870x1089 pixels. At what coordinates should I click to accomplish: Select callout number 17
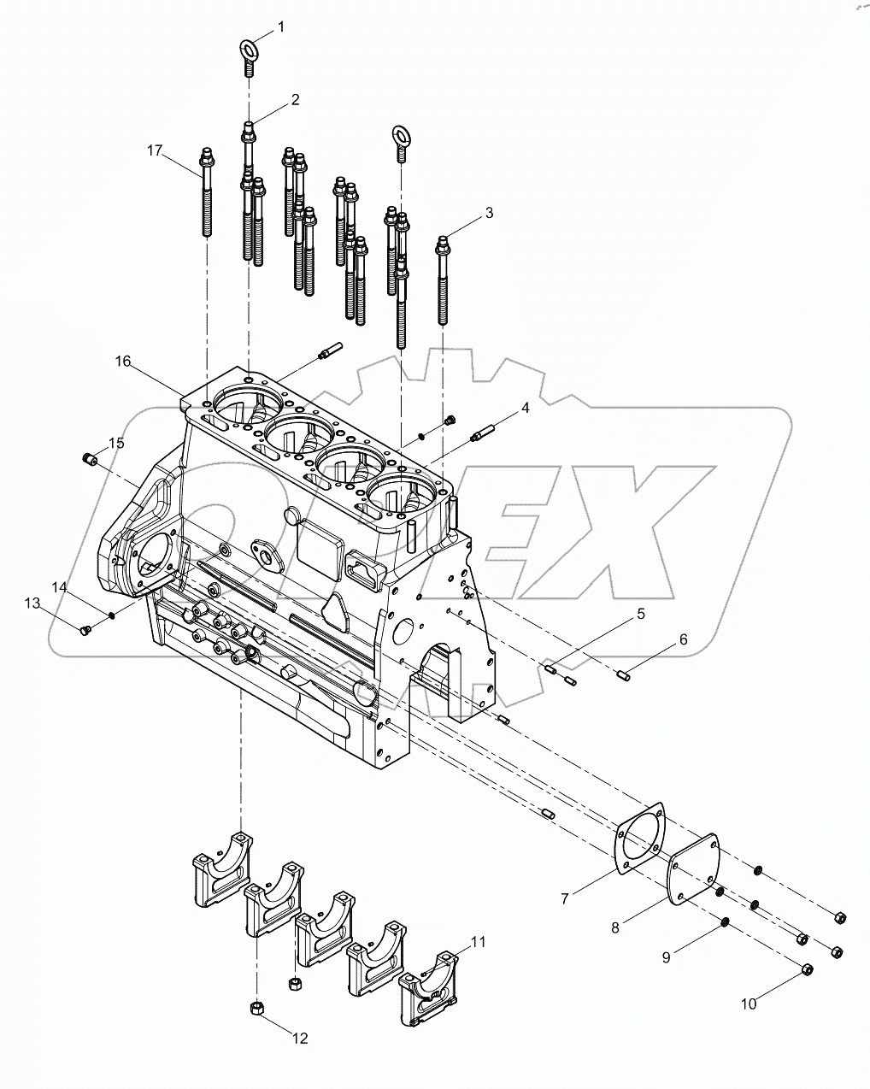pyautogui.click(x=154, y=150)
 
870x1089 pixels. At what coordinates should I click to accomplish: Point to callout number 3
pyautogui.click(x=489, y=213)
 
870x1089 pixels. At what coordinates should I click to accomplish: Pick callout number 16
pyautogui.click(x=123, y=362)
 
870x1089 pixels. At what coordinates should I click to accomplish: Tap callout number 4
pyautogui.click(x=526, y=409)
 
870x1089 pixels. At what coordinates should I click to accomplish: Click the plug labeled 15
pyautogui.click(x=87, y=460)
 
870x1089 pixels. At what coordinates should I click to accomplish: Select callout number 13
pyautogui.click(x=32, y=603)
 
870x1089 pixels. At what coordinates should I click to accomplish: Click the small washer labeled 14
pyautogui.click(x=111, y=614)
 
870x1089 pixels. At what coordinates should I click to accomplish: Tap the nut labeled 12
pyautogui.click(x=256, y=1010)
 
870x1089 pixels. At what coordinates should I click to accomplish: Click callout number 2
pyautogui.click(x=295, y=100)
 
